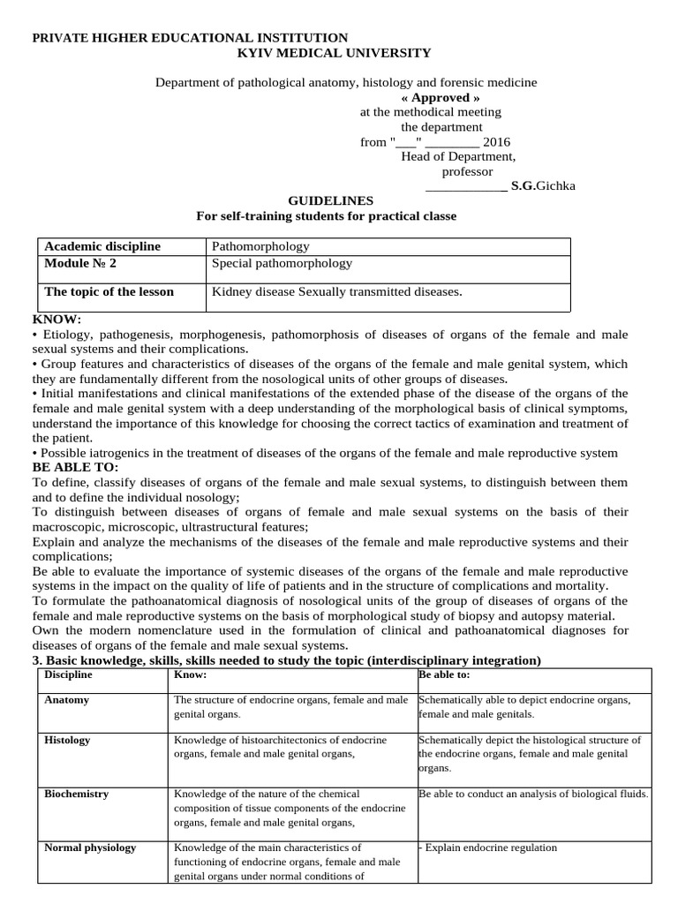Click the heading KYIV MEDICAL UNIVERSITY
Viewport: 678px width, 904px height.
335,53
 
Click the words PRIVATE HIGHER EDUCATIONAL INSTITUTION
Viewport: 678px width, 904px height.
190,37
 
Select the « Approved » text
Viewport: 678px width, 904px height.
434,97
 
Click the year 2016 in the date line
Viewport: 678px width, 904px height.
496,142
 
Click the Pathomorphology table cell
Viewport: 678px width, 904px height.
260,247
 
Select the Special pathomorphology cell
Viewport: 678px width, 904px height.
282,263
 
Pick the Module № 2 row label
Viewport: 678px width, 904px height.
80,263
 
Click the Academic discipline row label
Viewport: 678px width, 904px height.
102,247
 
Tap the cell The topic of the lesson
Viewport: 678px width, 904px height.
109,292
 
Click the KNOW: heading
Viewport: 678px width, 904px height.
56,319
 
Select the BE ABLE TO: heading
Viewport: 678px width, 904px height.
75,467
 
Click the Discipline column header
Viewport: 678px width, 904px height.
68,675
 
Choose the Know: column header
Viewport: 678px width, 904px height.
191,675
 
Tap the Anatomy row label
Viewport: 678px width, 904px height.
66,700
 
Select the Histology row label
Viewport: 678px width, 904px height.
67,740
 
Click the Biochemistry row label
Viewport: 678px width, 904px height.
77,794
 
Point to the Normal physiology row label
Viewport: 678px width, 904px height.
90,847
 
